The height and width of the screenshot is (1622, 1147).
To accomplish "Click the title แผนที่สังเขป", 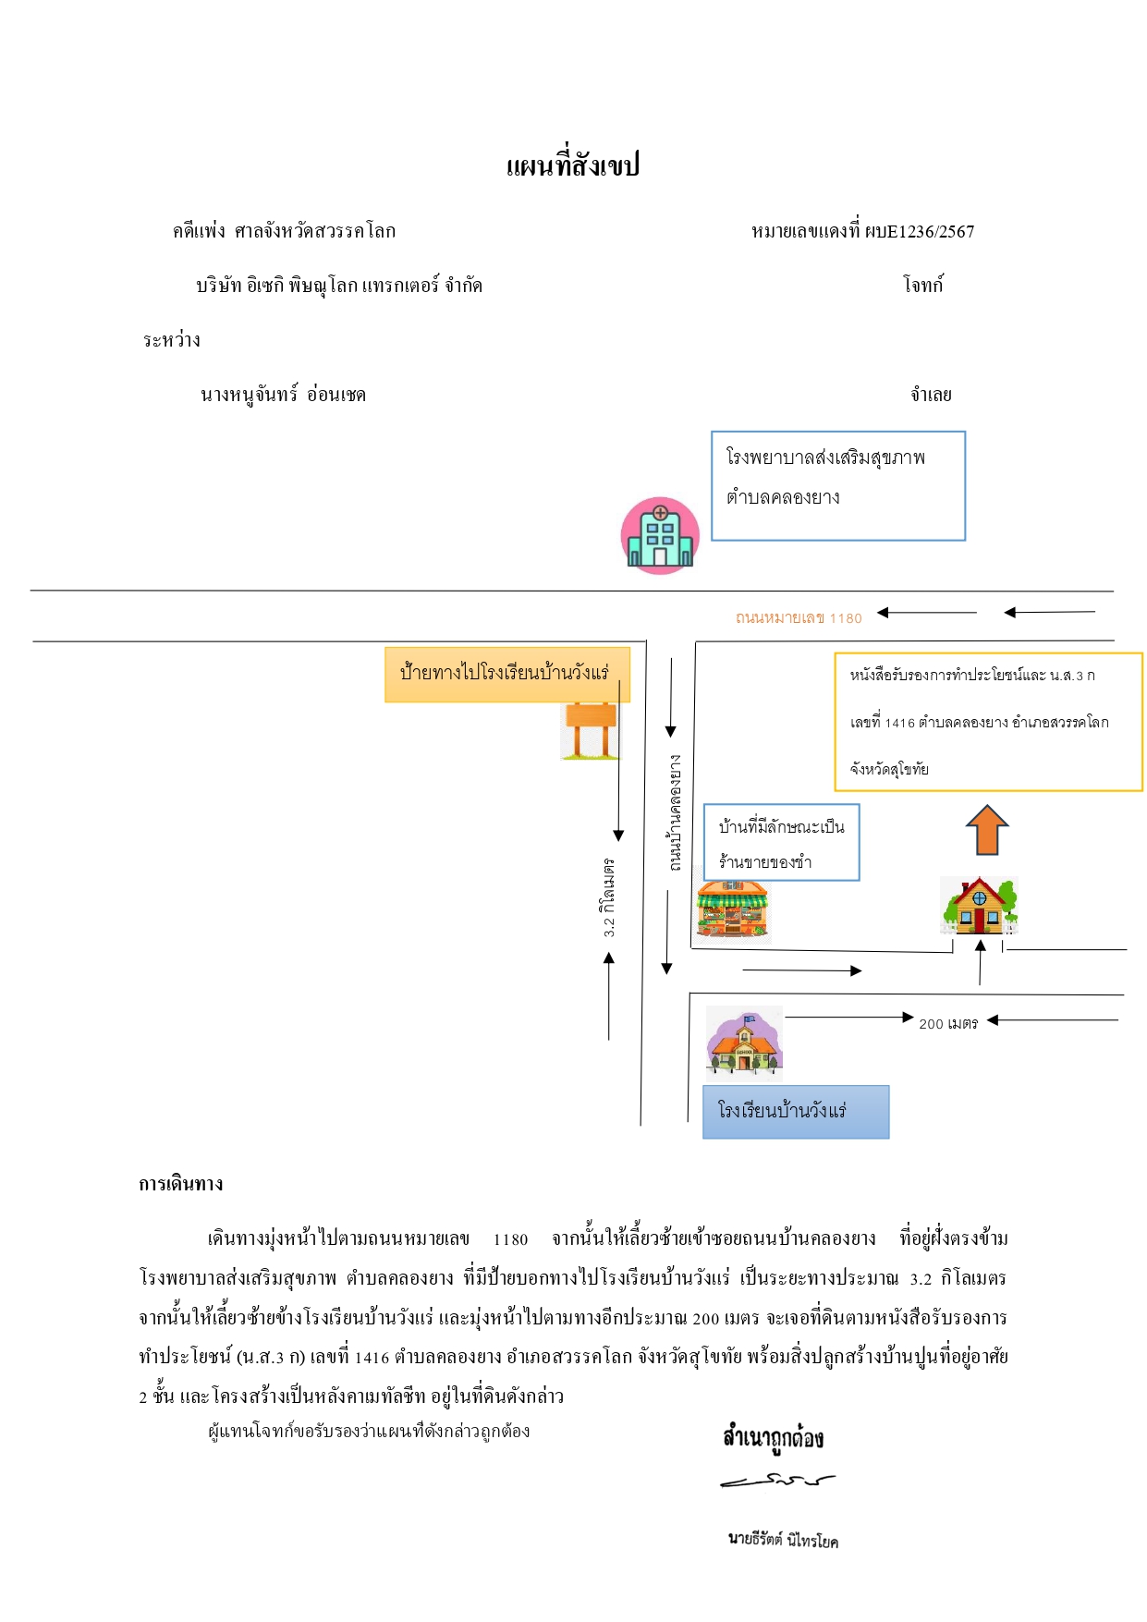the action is click(x=573, y=165).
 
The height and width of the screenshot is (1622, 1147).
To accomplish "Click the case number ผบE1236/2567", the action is click(x=920, y=232).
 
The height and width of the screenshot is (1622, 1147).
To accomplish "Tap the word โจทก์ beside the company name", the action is click(x=923, y=286).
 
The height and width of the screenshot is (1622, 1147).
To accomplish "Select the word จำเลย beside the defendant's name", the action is click(x=931, y=395).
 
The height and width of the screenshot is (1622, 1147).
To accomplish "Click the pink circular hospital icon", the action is click(x=660, y=535).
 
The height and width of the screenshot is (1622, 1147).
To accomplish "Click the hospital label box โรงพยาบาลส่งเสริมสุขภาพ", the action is click(x=838, y=486).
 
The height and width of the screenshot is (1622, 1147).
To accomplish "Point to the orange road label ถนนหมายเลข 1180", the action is click(x=799, y=617).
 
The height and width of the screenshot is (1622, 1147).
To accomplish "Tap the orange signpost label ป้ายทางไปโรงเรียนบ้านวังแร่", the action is click(x=507, y=675).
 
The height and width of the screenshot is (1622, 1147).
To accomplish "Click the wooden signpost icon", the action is click(x=590, y=730).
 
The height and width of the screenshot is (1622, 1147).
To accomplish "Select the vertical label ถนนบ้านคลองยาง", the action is click(x=676, y=813).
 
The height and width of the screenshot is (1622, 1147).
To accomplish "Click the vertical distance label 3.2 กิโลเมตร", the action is click(x=608, y=897).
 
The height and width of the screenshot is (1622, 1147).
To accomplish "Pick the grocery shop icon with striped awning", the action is click(x=732, y=910).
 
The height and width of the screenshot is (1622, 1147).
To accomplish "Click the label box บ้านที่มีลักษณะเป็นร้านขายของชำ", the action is click(x=782, y=842).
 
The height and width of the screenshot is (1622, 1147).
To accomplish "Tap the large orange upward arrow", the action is click(x=987, y=830).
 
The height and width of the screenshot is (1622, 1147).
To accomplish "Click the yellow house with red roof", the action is click(x=979, y=906).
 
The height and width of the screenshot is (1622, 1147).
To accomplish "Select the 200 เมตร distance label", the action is click(x=948, y=1023).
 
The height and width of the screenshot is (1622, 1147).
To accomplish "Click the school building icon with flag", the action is click(x=744, y=1044).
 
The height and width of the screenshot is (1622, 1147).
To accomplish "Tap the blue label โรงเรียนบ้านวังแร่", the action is click(x=796, y=1112).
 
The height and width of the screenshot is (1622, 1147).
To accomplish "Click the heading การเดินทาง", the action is click(x=181, y=1184).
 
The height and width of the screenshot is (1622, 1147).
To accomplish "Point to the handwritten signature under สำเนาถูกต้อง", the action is click(x=777, y=1481).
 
